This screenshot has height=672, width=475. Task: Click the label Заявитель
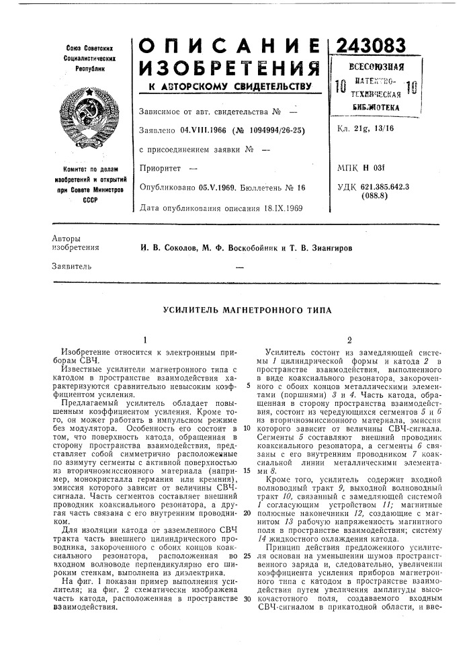pos(69,267)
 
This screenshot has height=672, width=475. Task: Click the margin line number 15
pos(248,470)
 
